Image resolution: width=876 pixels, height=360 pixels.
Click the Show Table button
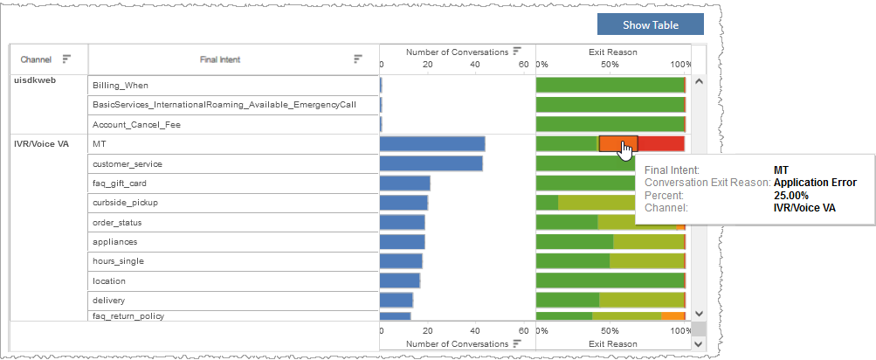pyautogui.click(x=650, y=24)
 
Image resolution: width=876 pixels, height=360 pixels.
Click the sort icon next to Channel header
pyautogui.click(x=66, y=59)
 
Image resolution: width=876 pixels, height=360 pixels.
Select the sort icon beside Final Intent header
pyautogui.click(x=357, y=59)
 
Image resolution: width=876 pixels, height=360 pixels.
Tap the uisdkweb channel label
pyautogui.click(x=36, y=80)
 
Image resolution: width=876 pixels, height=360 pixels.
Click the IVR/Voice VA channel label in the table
pyautogui.click(x=39, y=143)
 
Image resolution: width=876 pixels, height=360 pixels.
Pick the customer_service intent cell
pyautogui.click(x=128, y=163)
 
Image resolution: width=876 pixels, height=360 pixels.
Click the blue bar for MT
pyautogui.click(x=432, y=144)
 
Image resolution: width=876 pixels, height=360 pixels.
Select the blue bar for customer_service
pyautogui.click(x=431, y=163)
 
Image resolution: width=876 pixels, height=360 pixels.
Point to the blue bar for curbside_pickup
pyautogui.click(x=404, y=203)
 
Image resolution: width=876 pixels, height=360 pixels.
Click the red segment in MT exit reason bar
pyautogui.click(x=662, y=144)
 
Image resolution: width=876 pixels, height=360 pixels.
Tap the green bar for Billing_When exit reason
pyautogui.click(x=610, y=85)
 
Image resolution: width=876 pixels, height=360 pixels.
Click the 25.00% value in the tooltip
pyautogui.click(x=790, y=196)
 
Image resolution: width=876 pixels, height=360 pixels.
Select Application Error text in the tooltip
pyautogui.click(x=815, y=183)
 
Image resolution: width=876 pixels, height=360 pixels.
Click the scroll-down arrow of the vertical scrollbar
pyautogui.click(x=698, y=312)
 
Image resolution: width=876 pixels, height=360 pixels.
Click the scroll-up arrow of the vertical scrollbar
pyautogui.click(x=698, y=82)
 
